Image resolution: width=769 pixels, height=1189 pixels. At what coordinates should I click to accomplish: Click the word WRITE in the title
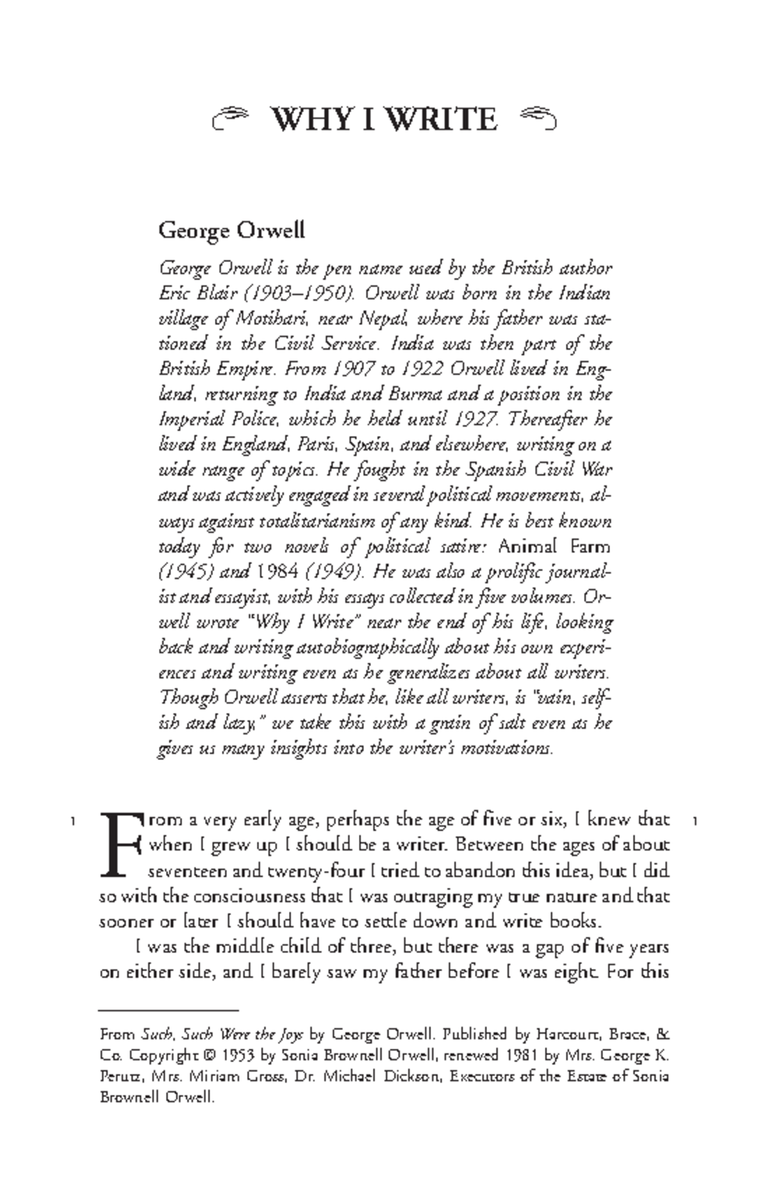click(442, 120)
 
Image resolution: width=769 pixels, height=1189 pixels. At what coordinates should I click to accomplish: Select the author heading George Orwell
click(231, 229)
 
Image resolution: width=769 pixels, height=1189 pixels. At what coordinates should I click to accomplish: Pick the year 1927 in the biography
click(475, 420)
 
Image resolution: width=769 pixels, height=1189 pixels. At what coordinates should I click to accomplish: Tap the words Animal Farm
click(554, 547)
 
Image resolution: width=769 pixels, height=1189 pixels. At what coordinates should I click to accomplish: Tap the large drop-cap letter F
click(120, 844)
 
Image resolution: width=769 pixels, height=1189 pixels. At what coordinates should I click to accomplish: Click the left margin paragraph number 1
click(74, 820)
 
